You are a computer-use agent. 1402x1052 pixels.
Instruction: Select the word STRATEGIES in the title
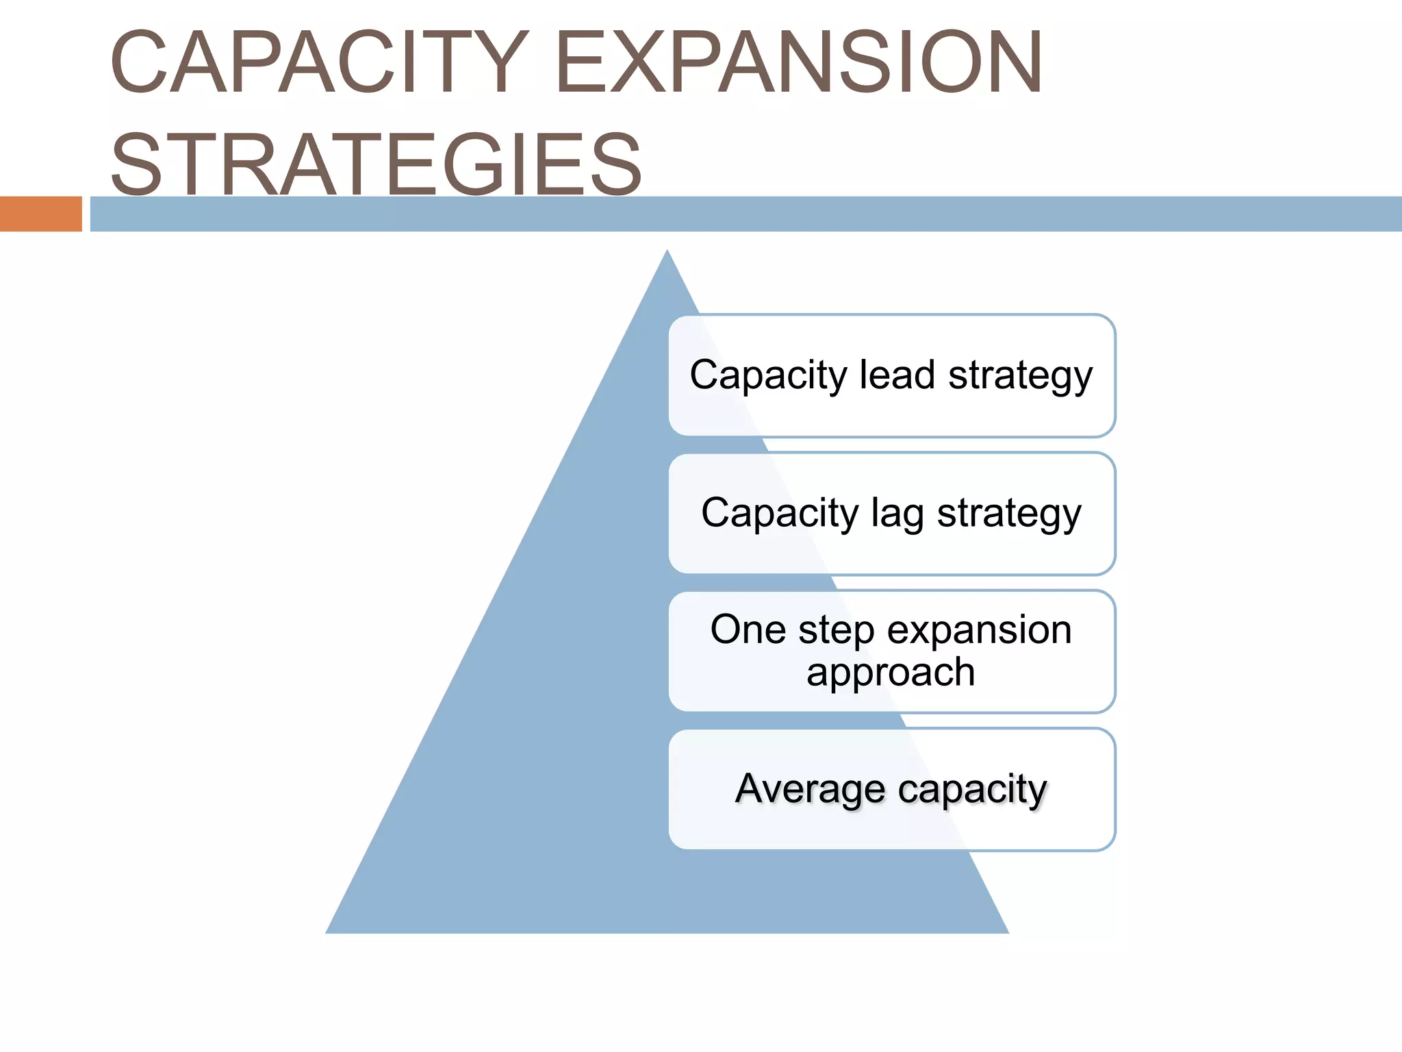click(376, 164)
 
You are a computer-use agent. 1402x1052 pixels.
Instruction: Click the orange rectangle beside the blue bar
click(40, 214)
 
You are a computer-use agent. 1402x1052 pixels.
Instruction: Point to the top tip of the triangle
click(667, 253)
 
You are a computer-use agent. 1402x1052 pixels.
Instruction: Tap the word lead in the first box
click(897, 375)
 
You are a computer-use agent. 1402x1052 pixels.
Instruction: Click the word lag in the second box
click(897, 513)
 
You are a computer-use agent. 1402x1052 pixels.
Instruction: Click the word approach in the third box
click(891, 673)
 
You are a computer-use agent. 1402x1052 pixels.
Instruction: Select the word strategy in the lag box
click(1009, 514)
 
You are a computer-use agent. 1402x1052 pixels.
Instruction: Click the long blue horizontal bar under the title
click(746, 214)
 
